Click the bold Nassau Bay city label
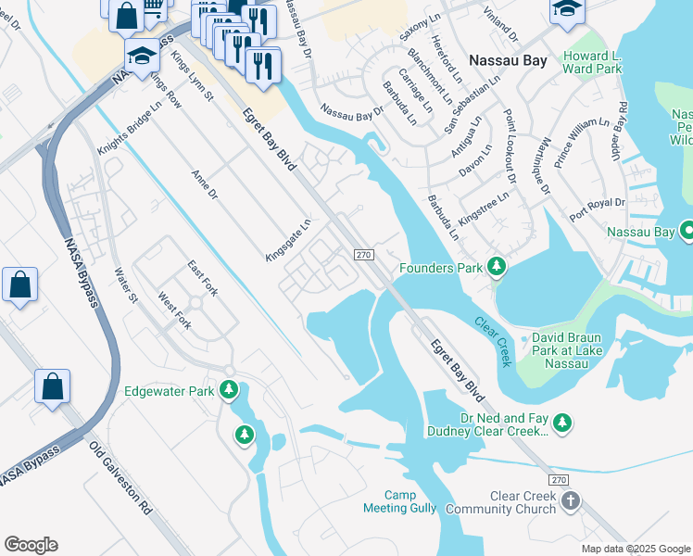[508, 61]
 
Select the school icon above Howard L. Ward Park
[567, 10]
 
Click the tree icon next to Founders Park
[498, 268]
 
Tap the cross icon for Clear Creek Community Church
[571, 501]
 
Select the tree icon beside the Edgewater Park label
[228, 391]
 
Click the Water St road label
[125, 284]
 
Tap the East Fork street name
[202, 278]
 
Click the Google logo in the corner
[31, 545]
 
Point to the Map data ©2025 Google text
[635, 549]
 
